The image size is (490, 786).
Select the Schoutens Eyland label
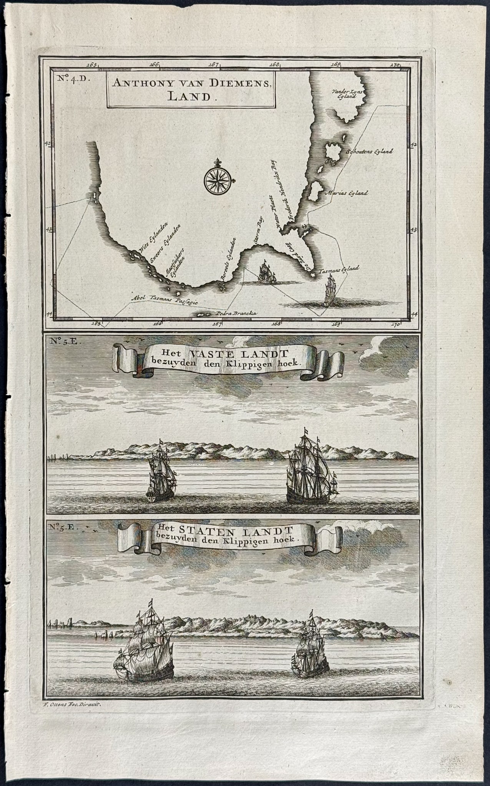369,151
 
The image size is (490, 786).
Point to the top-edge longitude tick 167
214,64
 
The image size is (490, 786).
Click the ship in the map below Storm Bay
266,272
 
